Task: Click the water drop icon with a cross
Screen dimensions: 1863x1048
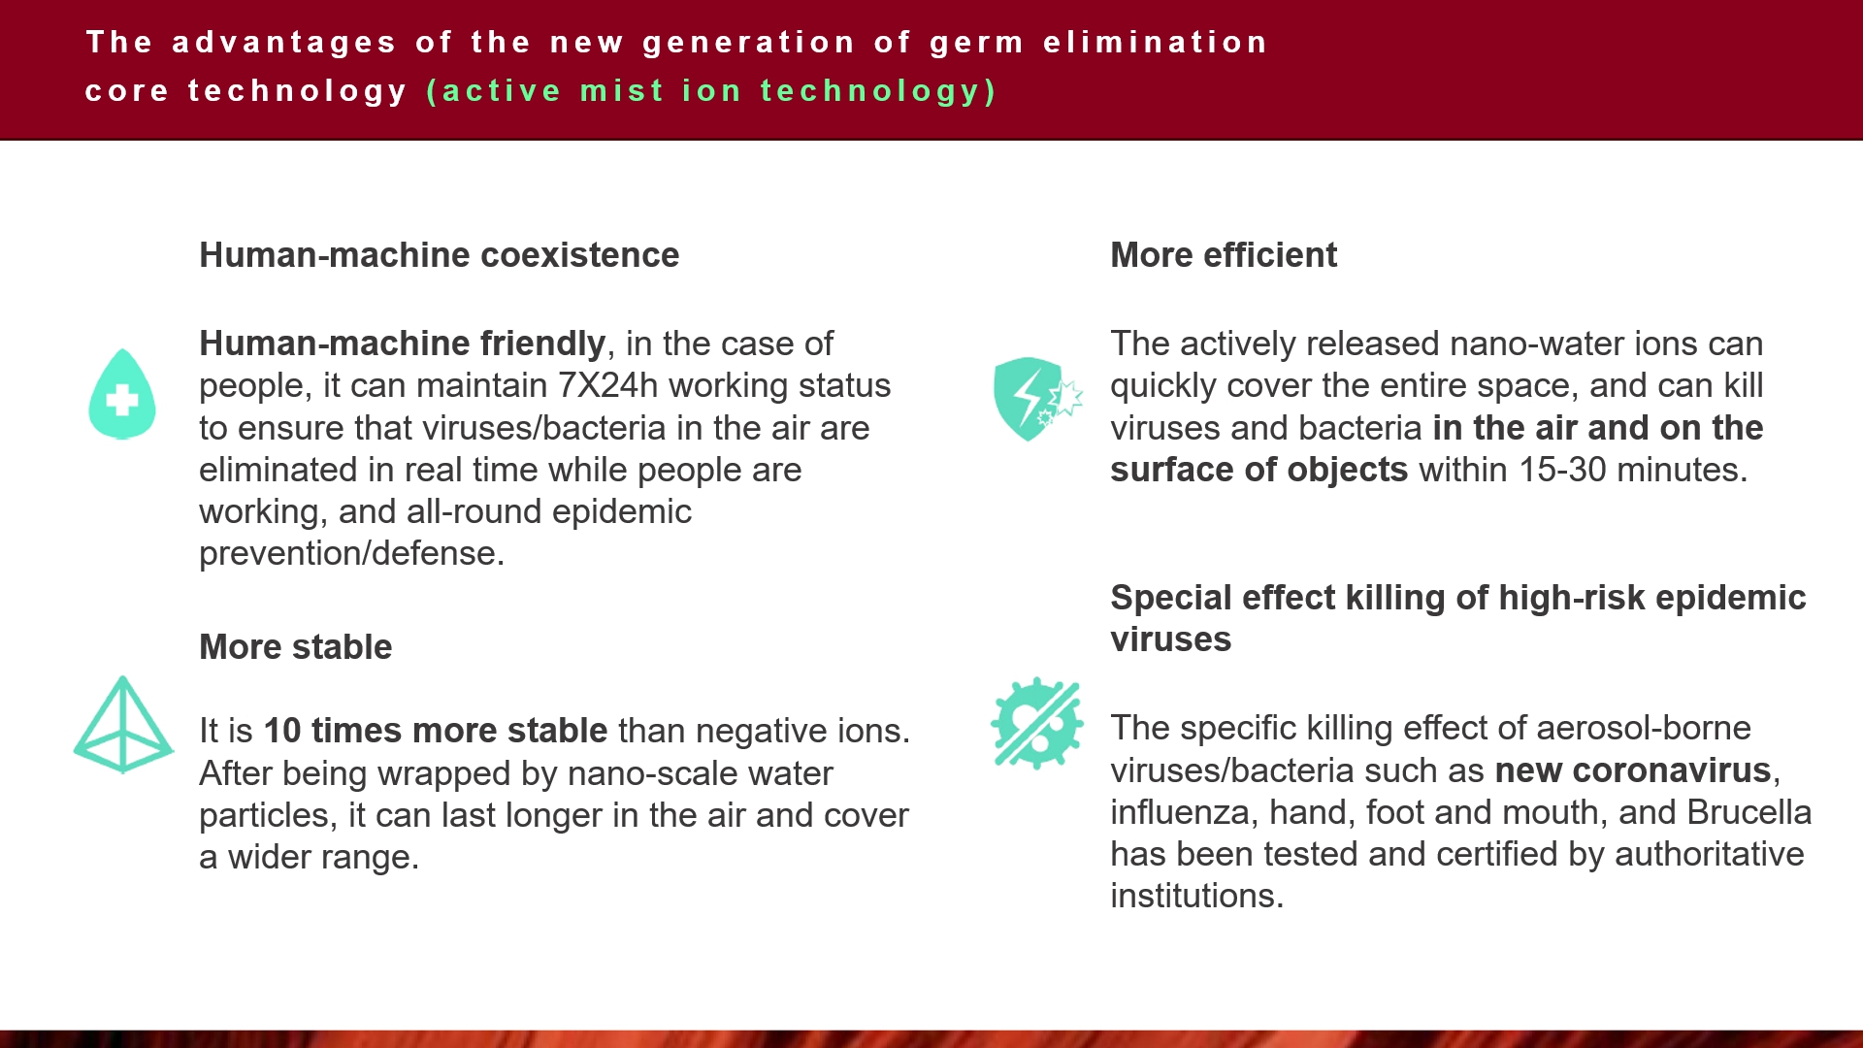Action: click(122, 394)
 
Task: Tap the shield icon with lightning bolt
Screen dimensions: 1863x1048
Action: click(1036, 399)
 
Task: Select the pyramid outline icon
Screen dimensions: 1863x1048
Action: click(123, 725)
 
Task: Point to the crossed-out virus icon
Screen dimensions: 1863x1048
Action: click(1036, 723)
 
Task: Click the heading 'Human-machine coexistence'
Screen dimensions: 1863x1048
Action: click(440, 255)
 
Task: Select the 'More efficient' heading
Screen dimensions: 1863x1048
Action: click(1224, 255)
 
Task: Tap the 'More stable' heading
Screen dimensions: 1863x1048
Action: click(296, 647)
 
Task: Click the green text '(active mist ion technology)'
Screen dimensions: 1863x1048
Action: click(711, 91)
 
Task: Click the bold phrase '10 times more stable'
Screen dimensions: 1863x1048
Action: click(436, 731)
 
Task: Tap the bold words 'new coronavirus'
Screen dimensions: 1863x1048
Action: click(1633, 770)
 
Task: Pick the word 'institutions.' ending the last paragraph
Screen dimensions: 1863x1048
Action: click(1197, 896)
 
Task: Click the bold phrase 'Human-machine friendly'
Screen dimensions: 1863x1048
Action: click(403, 344)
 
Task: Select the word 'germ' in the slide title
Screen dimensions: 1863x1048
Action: click(977, 44)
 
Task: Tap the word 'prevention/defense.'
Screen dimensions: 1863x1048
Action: click(352, 553)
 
